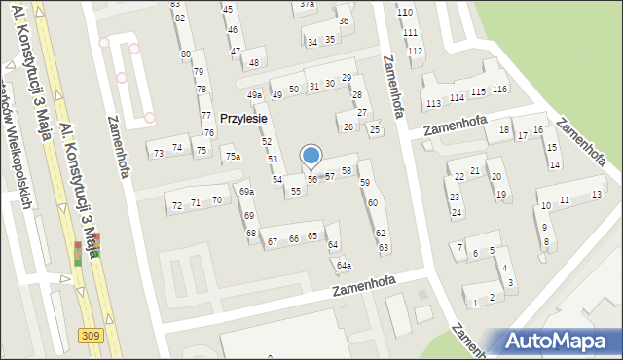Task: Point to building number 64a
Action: pyautogui.click(x=344, y=266)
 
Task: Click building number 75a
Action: pyautogui.click(x=232, y=156)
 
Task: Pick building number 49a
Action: pyautogui.click(x=254, y=95)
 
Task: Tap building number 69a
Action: pyautogui.click(x=246, y=192)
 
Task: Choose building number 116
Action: pyautogui.click(x=499, y=90)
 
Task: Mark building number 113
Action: pyautogui.click(x=433, y=104)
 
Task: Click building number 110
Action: pyautogui.click(x=405, y=12)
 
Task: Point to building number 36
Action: pyautogui.click(x=344, y=20)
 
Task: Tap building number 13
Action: pyautogui.click(x=596, y=195)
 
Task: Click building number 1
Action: pyautogui.click(x=475, y=304)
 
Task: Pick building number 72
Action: pyautogui.click(x=177, y=205)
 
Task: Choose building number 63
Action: pyautogui.click(x=384, y=248)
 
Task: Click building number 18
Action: pyautogui.click(x=503, y=129)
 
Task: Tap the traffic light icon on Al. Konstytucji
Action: pyautogui.click(x=78, y=254)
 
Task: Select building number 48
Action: pyautogui.click(x=254, y=63)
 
